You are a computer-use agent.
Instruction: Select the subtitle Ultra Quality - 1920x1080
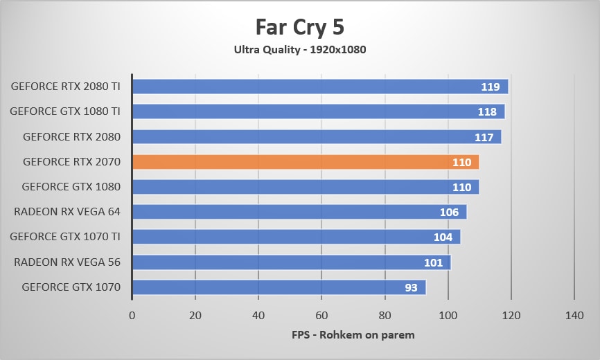[299, 49]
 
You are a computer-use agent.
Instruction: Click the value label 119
[491, 87]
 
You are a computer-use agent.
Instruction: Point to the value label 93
[411, 287]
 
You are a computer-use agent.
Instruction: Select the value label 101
[433, 262]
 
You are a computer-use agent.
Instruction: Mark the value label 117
[484, 137]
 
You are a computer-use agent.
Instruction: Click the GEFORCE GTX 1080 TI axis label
[65, 111]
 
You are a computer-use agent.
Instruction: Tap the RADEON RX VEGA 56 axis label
[67, 262]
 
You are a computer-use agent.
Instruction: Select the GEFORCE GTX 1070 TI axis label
[65, 237]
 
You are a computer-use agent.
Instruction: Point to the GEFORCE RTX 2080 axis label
[71, 136]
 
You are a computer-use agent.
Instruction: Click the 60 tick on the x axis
[321, 315]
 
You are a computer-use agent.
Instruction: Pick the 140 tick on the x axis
[574, 315]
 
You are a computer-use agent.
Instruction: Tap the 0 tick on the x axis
[132, 315]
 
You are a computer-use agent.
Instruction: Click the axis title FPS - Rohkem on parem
[353, 335]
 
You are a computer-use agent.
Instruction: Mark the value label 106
[449, 212]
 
